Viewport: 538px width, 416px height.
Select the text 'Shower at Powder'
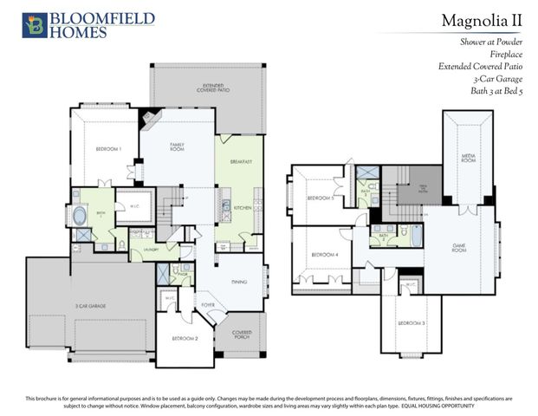(496, 42)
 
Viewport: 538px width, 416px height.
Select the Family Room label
(178, 148)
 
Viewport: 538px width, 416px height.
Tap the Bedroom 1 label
(108, 150)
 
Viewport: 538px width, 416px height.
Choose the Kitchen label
(243, 208)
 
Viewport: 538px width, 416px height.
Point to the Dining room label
(238, 281)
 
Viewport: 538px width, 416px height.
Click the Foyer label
(208, 304)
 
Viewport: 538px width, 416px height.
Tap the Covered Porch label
(243, 335)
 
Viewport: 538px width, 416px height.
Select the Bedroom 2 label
(185, 337)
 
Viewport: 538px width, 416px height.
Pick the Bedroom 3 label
(411, 322)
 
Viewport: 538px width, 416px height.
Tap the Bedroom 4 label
(324, 254)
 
